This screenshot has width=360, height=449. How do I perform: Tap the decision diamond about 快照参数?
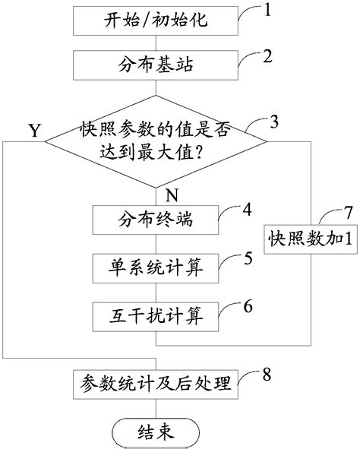pyautogui.click(x=156, y=139)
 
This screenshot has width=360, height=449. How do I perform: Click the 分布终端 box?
pyautogui.click(x=156, y=222)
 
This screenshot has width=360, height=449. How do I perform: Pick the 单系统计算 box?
pyautogui.click(x=156, y=267)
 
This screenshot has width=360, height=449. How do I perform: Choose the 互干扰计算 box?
pyautogui.click(x=156, y=312)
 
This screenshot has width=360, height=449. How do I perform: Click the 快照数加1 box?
pyautogui.click(x=308, y=239)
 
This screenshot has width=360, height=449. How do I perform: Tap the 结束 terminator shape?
pyautogui.click(x=156, y=431)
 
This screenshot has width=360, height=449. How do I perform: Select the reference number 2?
pyautogui.click(x=267, y=55)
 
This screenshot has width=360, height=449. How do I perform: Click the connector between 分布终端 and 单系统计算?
pyautogui.click(x=156, y=245)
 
